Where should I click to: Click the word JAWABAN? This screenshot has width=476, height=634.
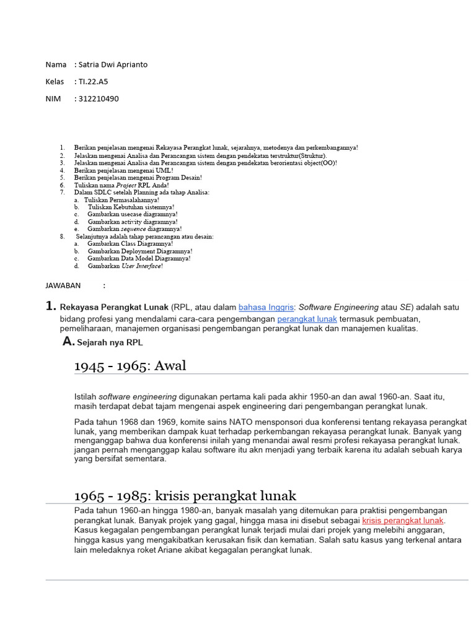[63, 285]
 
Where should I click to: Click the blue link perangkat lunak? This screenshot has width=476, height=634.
[307, 318]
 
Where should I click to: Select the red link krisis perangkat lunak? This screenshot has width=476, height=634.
[403, 520]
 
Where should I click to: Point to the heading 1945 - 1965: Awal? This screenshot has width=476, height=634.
[130, 366]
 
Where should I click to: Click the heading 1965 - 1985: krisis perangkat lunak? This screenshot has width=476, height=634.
[185, 495]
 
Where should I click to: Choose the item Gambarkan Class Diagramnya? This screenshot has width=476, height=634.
[130, 244]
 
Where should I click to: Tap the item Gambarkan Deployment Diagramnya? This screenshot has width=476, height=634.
[139, 251]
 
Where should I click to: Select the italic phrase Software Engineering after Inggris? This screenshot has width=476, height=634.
[338, 306]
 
